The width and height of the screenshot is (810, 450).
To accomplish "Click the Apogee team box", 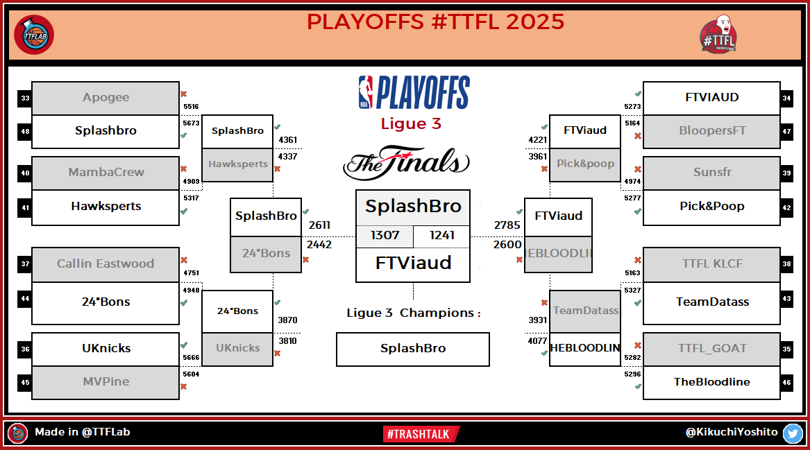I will point(106,98).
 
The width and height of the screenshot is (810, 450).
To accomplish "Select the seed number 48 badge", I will point(25,132).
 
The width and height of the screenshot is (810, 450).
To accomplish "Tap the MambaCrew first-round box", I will point(106,173).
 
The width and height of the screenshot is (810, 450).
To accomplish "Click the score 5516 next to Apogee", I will point(191,107).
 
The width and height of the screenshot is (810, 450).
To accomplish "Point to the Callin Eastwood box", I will point(106,263).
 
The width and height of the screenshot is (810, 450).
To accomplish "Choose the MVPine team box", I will point(106,382).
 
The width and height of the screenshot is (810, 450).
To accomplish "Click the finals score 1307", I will point(385,236).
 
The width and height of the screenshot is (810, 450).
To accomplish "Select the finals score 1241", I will point(442,236).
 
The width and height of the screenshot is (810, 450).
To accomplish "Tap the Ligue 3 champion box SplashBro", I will point(412,349).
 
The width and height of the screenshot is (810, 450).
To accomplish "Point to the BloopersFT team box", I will point(711,131).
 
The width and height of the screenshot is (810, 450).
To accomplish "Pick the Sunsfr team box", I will point(711,173).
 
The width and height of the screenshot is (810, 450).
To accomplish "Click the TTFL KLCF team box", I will point(711,263).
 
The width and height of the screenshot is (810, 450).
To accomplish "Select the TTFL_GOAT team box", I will point(711,349).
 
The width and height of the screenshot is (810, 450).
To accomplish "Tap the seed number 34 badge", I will point(787,98).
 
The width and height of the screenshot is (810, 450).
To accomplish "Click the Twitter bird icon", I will point(793,433).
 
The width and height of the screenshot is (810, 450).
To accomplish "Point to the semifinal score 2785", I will point(507,225).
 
